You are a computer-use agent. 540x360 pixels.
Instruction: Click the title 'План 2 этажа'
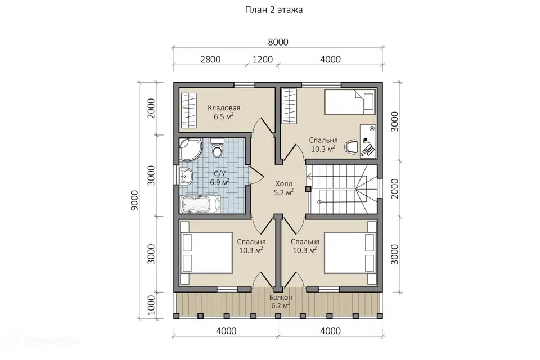point(274,10)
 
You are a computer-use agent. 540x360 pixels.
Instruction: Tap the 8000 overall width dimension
point(278,42)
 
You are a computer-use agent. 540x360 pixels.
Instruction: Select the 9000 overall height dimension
point(134,200)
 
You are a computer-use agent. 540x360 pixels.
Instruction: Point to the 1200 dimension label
point(263,59)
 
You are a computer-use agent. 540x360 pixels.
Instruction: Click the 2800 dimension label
point(210,59)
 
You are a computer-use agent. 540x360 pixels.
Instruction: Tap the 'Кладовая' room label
point(224,108)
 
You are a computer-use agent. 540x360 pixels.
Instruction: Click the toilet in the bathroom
point(217,148)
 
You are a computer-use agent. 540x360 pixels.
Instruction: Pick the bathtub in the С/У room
point(200,204)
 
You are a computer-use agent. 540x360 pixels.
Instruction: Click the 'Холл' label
point(283,184)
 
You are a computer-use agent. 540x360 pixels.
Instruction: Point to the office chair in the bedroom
point(351,146)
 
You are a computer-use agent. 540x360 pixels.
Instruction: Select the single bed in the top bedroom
point(349,102)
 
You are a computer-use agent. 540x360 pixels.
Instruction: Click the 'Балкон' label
point(281,298)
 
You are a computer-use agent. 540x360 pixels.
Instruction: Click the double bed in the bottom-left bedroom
point(206,253)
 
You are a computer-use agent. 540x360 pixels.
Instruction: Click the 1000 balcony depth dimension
point(151,305)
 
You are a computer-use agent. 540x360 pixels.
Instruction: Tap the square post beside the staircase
point(308,189)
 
